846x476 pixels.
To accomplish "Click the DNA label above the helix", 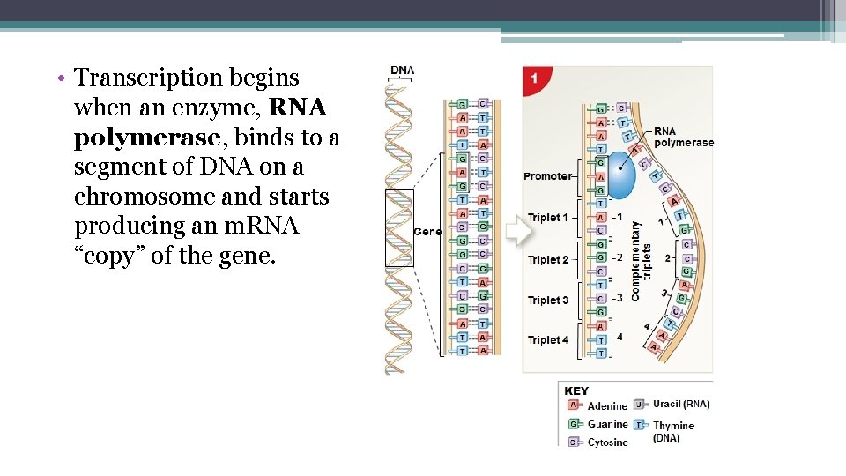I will (x=402, y=71).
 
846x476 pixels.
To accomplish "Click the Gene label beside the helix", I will (x=427, y=232).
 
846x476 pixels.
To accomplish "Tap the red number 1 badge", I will (x=534, y=78).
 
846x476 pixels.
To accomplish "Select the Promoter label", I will (x=547, y=176).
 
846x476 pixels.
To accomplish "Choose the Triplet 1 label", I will (x=547, y=218).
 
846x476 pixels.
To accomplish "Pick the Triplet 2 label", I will (x=547, y=259).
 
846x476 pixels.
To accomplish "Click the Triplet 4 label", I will (x=547, y=340).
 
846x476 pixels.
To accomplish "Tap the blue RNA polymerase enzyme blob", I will (x=621, y=174).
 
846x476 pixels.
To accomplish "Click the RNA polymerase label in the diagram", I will (x=683, y=137).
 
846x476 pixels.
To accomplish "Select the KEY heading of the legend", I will (x=576, y=390).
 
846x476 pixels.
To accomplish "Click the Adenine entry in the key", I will (x=607, y=406).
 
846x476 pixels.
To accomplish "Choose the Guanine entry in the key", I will (x=607, y=424).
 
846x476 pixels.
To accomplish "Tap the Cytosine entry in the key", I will (x=607, y=443).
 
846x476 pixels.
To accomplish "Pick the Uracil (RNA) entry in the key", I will (x=680, y=405).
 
